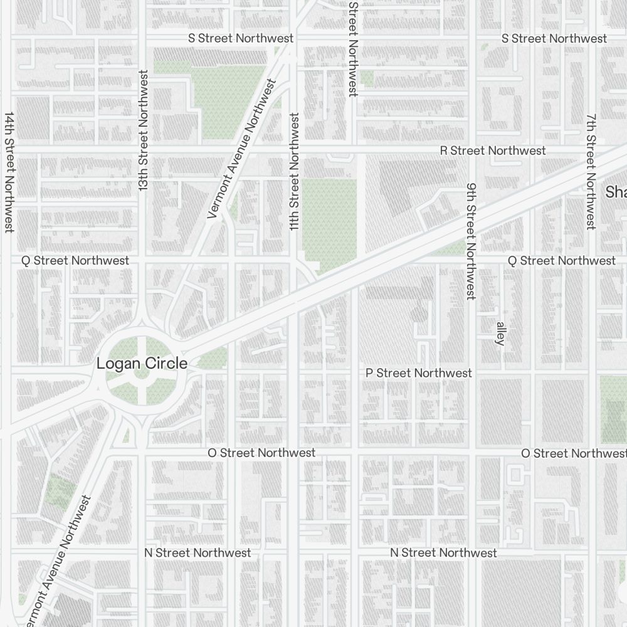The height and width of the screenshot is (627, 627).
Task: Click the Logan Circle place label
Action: click(141, 364)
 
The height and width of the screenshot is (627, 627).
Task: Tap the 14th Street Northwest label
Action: click(9, 172)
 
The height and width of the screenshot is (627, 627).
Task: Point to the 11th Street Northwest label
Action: click(294, 171)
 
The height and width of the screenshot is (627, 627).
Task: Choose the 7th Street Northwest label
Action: click(591, 171)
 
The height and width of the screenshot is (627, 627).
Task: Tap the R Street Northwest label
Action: click(493, 151)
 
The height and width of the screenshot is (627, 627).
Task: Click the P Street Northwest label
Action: click(419, 373)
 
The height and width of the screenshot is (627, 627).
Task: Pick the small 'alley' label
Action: click(500, 334)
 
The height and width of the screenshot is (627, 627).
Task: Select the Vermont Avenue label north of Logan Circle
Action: click(242, 149)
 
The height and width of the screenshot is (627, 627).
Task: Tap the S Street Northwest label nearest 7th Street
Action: click(554, 39)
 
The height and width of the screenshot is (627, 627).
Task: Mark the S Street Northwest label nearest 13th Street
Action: click(241, 39)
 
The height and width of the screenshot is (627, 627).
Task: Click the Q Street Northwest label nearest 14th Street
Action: click(75, 260)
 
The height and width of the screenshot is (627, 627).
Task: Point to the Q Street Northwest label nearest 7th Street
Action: click(561, 260)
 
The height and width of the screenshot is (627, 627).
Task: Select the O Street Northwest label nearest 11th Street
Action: click(261, 453)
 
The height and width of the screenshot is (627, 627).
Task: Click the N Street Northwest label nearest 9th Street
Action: click(443, 552)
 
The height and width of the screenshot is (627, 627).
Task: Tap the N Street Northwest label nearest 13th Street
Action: click(198, 552)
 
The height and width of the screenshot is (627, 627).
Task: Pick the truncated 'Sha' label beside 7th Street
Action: click(616, 192)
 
